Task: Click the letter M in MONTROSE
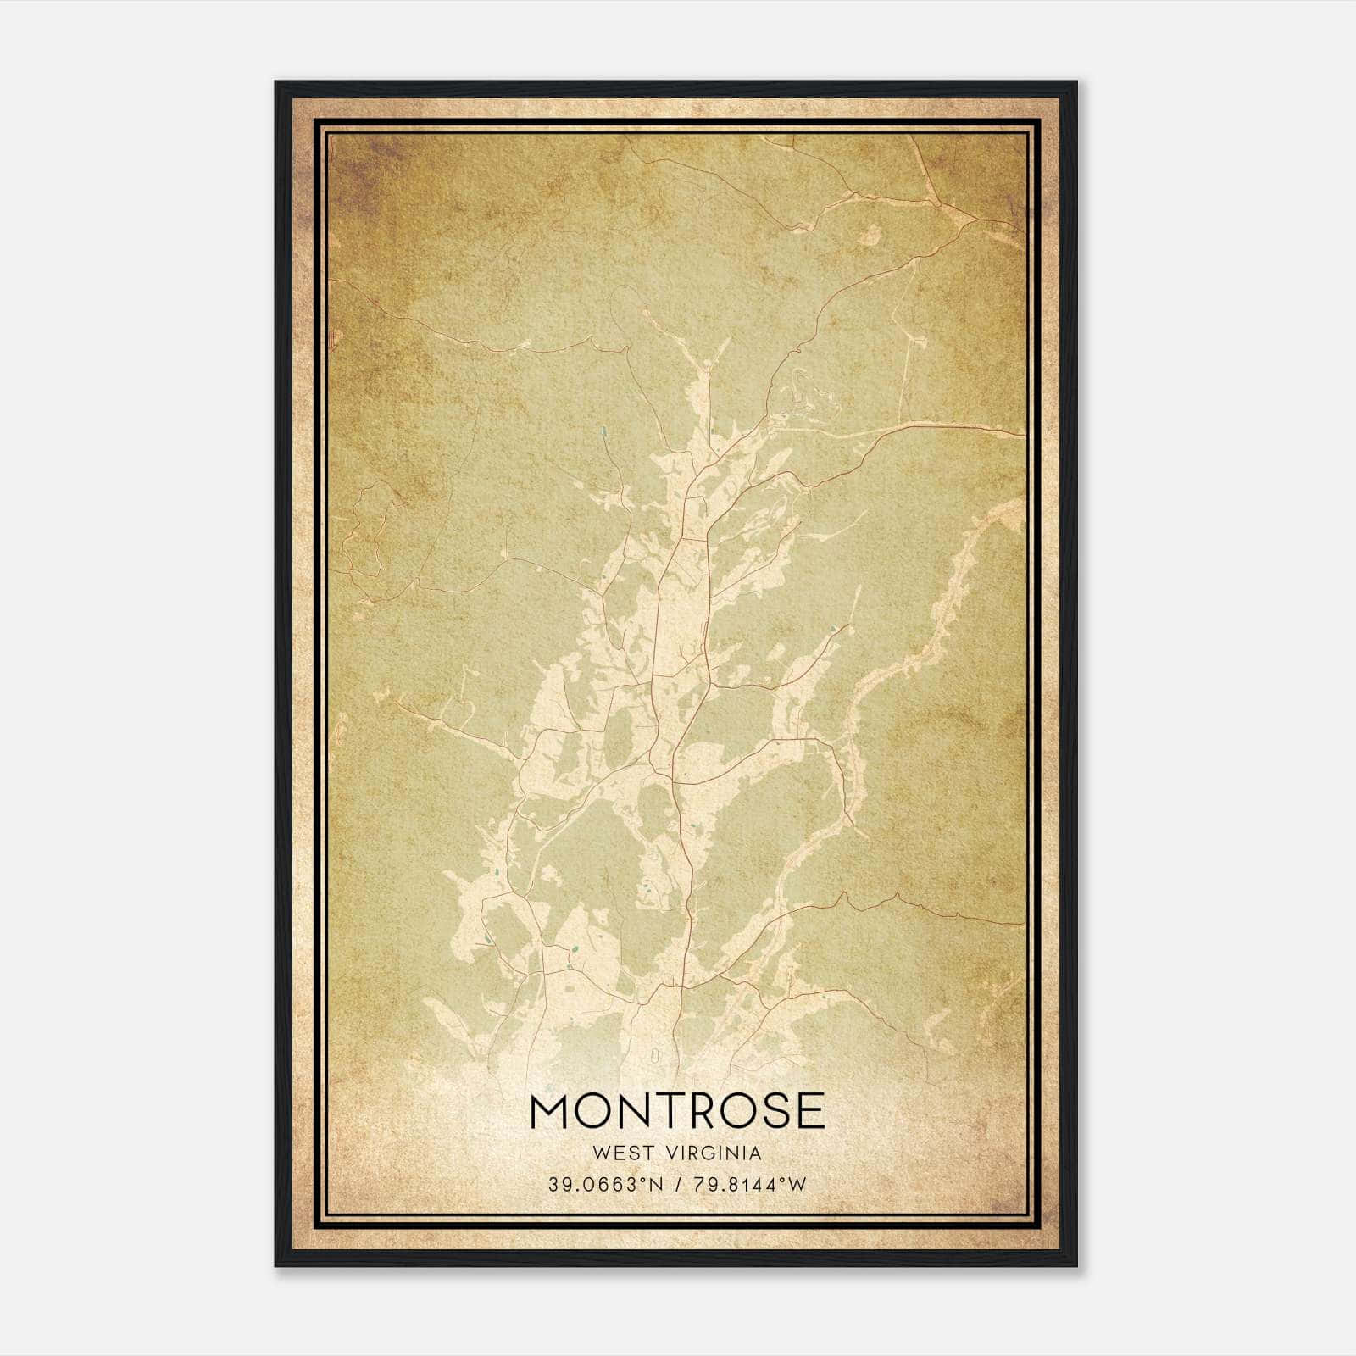coord(553,1111)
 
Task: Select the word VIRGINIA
coord(717,1153)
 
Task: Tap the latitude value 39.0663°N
coord(602,1185)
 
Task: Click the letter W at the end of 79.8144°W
coord(797,1185)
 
